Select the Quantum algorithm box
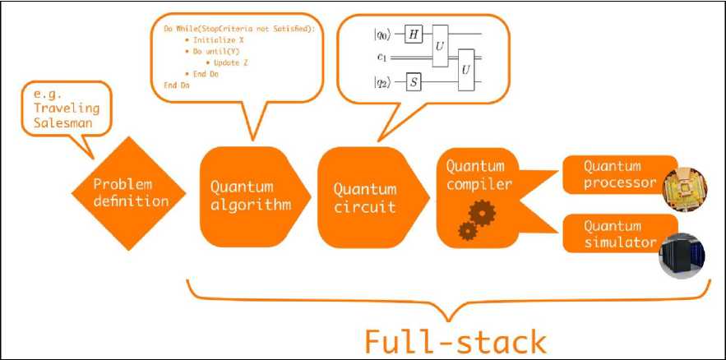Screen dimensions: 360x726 click(247, 196)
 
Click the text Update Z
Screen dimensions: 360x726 click(238, 62)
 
